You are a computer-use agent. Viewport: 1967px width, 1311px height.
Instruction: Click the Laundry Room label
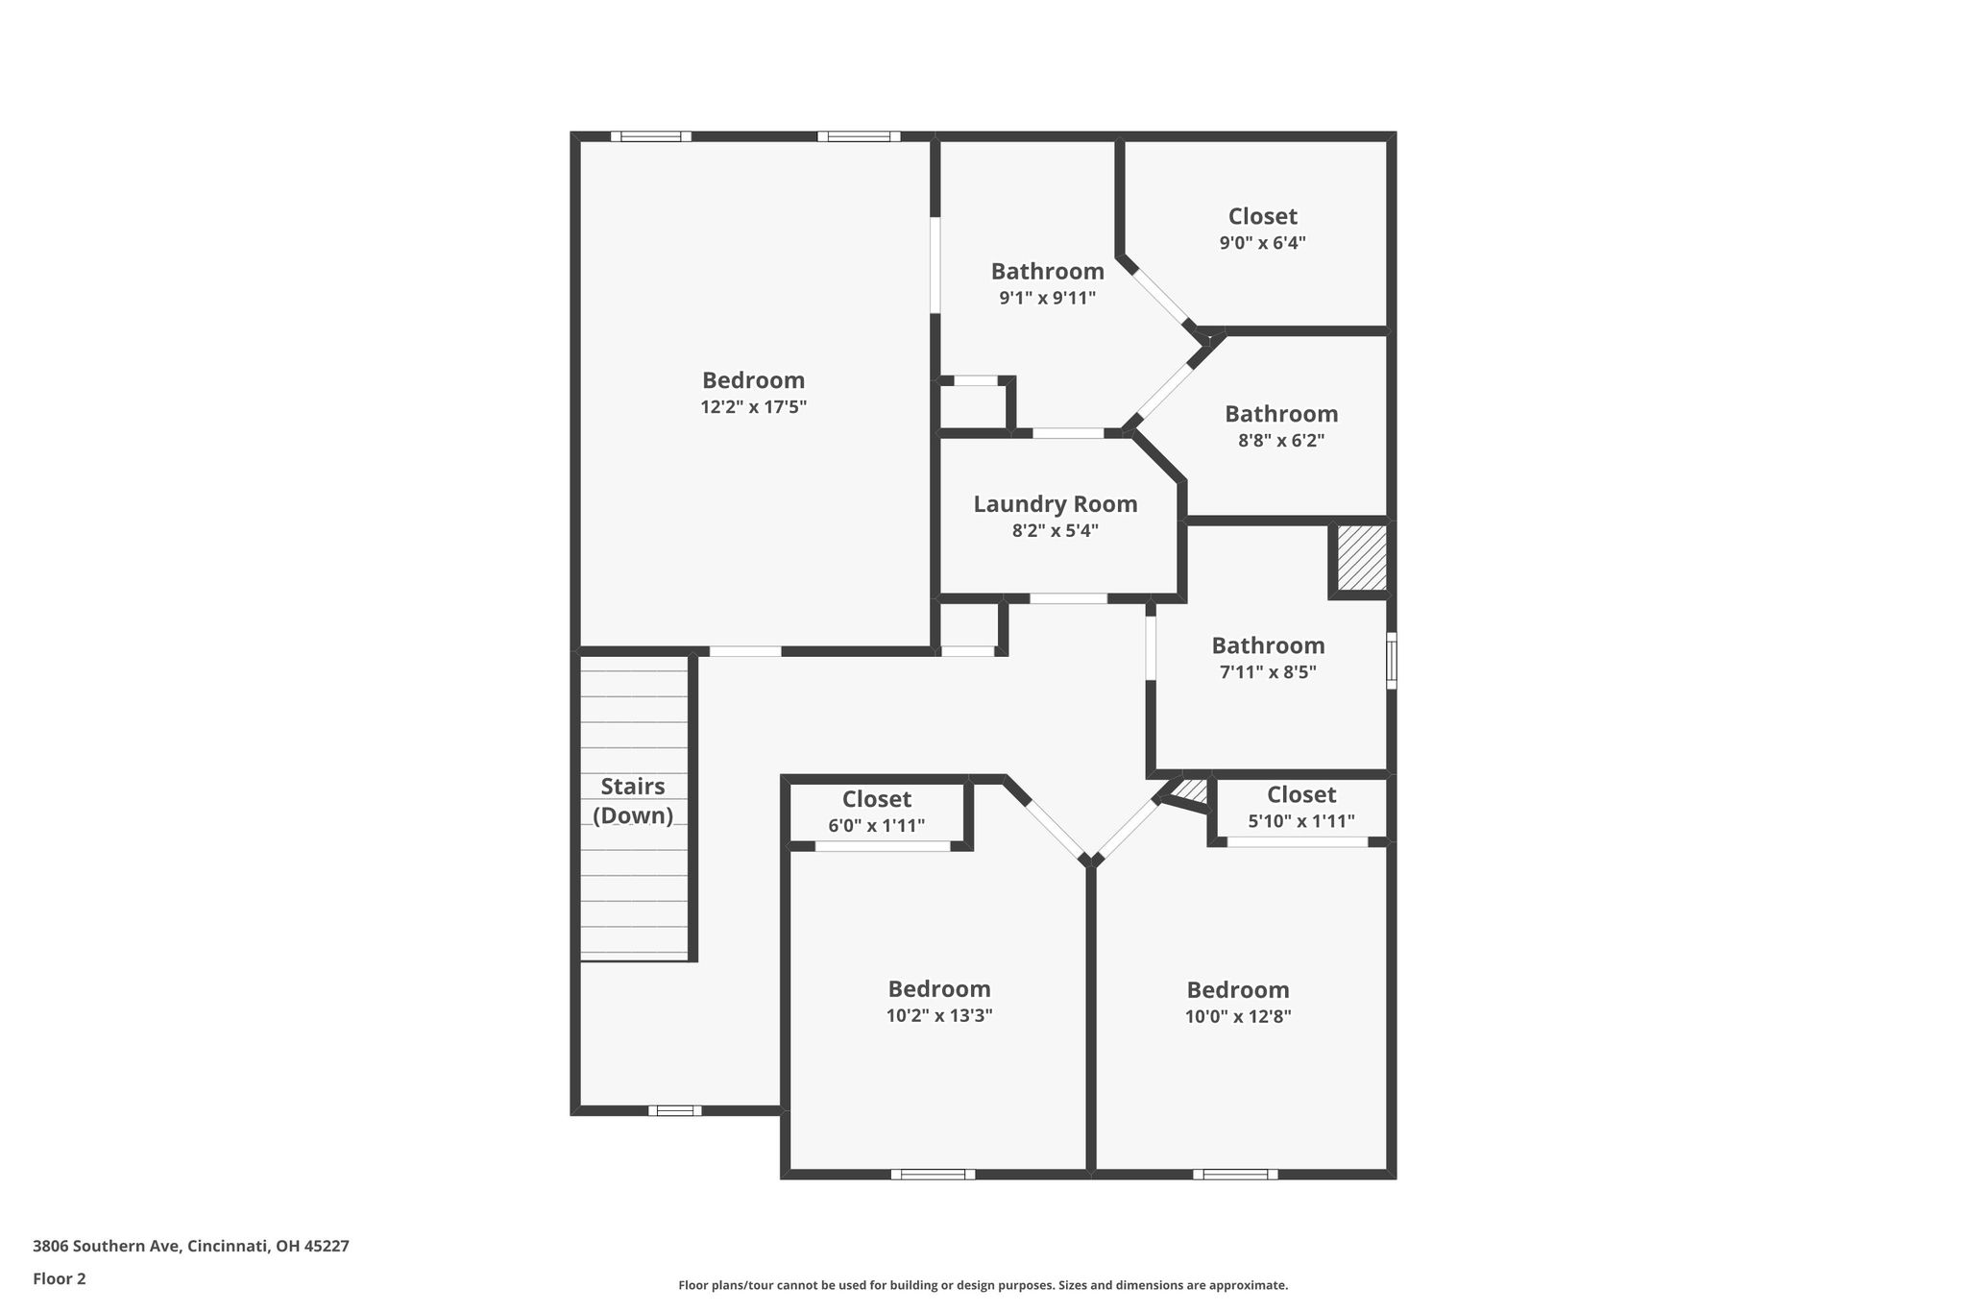click(x=1055, y=504)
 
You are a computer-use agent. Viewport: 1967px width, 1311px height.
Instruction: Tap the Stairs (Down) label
click(x=633, y=801)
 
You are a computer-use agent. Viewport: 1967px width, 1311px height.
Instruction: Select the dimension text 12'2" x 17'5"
click(x=753, y=407)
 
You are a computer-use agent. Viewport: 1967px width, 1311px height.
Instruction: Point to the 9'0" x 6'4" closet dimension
click(x=1262, y=243)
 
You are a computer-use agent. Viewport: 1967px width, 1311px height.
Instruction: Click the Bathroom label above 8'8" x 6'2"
click(x=1281, y=414)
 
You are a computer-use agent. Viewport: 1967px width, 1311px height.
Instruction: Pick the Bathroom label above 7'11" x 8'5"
click(x=1268, y=645)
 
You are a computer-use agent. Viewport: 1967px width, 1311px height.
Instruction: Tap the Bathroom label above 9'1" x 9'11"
click(x=1048, y=272)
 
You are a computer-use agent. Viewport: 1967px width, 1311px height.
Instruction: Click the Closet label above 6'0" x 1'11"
click(x=877, y=799)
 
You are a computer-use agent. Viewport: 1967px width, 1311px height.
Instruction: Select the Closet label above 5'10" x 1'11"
click(x=1301, y=794)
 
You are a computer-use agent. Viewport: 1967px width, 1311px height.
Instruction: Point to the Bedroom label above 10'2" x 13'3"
click(x=939, y=989)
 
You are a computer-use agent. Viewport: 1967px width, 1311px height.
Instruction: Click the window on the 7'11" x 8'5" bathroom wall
click(x=1392, y=660)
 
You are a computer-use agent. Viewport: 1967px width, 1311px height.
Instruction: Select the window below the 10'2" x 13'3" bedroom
click(x=933, y=1174)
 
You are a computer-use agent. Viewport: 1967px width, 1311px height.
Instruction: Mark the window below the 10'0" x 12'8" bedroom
click(x=1236, y=1174)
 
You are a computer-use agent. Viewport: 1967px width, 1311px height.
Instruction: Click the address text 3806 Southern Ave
click(x=106, y=1247)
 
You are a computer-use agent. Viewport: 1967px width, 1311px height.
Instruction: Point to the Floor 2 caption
click(x=60, y=1279)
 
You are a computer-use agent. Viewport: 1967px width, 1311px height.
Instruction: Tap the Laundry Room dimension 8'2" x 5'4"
click(x=1055, y=530)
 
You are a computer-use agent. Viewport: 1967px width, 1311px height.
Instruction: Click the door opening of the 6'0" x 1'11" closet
click(x=883, y=846)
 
